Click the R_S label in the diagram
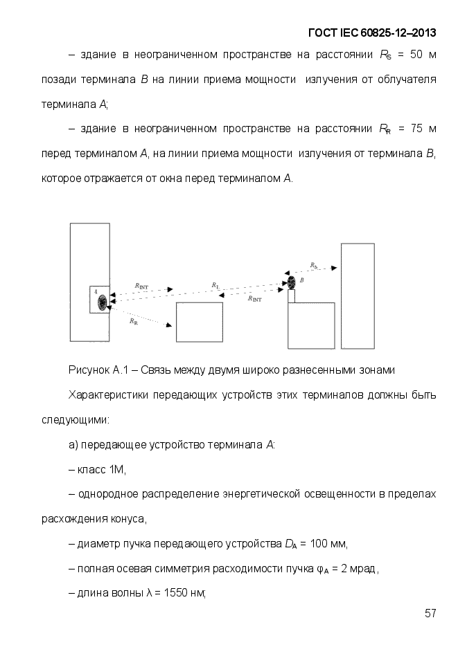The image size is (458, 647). point(314,266)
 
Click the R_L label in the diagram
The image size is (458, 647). point(216,285)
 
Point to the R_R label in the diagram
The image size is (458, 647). point(133,321)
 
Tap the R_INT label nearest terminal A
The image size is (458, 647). point(141,286)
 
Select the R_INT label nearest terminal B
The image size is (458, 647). point(254,299)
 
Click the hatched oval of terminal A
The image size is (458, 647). point(103,302)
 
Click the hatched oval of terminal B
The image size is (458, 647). point(283,282)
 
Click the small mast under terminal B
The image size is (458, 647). point(292,295)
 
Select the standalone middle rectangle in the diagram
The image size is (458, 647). point(199,322)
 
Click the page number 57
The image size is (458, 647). point(430,614)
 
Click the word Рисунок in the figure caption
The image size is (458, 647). point(88,370)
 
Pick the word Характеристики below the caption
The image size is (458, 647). point(109,395)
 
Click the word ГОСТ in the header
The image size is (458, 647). point(322,33)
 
